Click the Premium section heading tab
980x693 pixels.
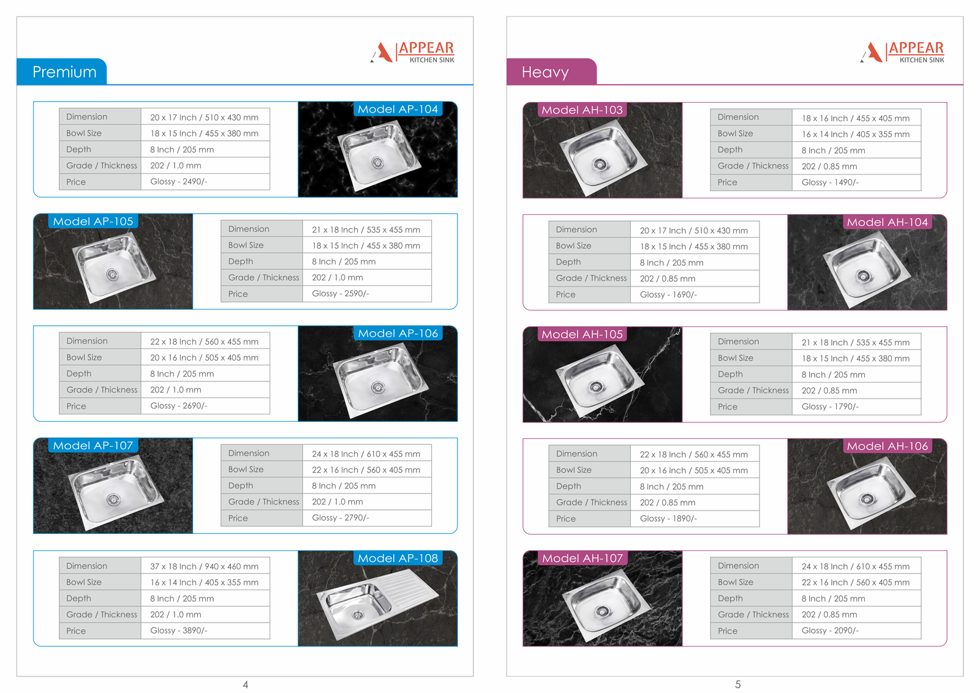62,72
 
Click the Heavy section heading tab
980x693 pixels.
551,72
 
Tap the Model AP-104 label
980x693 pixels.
398,109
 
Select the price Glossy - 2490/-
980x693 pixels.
178,181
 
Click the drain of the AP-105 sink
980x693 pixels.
113,275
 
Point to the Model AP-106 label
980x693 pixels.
398,333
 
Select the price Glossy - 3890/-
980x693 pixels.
178,631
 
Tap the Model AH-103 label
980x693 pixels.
582,110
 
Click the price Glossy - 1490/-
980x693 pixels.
830,182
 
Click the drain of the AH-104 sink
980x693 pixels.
863,276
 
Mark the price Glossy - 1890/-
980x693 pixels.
668,519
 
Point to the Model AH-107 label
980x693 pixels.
582,558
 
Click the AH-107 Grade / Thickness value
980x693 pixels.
829,614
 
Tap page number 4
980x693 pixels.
246,684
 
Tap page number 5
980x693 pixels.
737,684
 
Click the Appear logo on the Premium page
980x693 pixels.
412,52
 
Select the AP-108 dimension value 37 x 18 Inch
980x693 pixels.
173,566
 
